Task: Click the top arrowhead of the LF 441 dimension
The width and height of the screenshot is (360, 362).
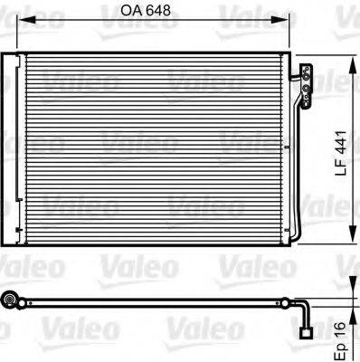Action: pyautogui.click(x=350, y=59)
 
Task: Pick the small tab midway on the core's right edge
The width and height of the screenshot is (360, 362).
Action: pyautogui.click(x=291, y=150)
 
